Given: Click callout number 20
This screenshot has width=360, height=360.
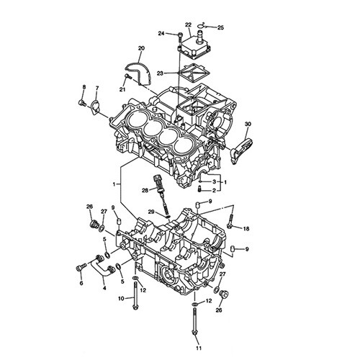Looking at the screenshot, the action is (141, 48).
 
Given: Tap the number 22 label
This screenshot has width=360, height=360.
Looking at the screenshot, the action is (189, 24).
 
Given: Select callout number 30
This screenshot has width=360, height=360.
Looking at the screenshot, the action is (248, 124).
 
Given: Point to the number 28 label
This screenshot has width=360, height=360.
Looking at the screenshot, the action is (145, 191).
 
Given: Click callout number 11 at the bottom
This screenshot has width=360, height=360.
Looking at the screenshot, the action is (199, 348).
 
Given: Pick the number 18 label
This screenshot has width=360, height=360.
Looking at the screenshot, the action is (246, 229).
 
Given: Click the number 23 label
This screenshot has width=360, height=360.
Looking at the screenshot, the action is (160, 73).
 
